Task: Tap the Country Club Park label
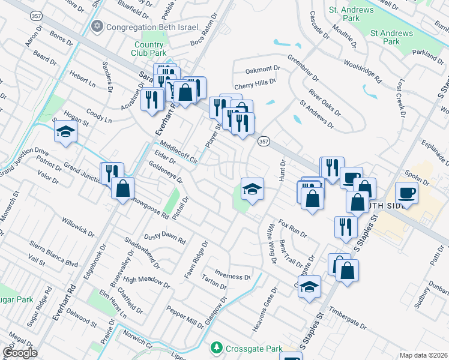tap(149, 49)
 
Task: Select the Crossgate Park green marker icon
tap(216, 348)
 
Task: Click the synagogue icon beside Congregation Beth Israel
tap(97, 26)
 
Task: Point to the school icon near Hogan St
tap(65, 133)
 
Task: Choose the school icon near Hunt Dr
tap(253, 190)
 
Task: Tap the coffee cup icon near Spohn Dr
tap(406, 194)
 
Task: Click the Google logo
tap(20, 353)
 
